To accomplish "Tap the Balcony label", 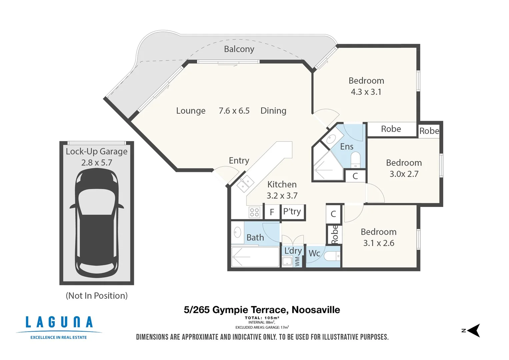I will tap(239, 49).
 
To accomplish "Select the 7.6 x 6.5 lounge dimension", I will tap(234, 111).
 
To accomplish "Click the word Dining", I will tap(273, 111).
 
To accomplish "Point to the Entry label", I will tap(239, 161).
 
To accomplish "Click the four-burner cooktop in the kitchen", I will tap(254, 212).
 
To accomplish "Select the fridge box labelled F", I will tap(272, 212).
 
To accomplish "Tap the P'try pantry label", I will tap(292, 211).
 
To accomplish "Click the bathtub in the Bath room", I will tap(255, 257).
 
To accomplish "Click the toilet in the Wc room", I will tap(332, 256).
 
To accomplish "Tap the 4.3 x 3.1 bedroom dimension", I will tap(366, 92).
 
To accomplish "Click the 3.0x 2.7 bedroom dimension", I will tap(404, 174).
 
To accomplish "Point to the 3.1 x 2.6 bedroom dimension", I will tap(379, 243).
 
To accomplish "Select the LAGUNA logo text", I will tap(59, 322).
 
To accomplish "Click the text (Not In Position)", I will tap(97, 296).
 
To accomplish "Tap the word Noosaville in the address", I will tap(316, 310).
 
